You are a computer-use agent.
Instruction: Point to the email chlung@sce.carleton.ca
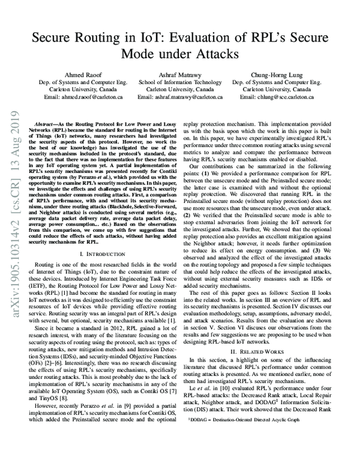click(x=275, y=97)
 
